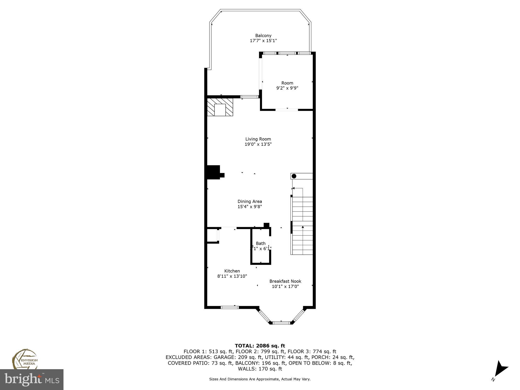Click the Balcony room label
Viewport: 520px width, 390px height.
coord(263,36)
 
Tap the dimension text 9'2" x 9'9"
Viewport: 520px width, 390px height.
coord(287,88)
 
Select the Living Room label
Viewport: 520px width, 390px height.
coord(258,139)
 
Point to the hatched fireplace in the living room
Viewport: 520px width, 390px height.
coord(220,107)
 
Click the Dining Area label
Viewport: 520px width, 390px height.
coord(250,201)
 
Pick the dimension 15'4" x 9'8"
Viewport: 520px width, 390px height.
coord(250,207)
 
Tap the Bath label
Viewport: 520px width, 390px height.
coord(261,243)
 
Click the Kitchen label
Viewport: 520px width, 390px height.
coord(232,271)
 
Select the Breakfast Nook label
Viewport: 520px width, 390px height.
coord(285,281)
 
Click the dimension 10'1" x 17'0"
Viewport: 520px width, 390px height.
coord(285,286)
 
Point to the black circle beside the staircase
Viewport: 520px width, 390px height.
coord(294,176)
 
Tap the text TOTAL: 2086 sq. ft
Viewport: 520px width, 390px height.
coord(260,346)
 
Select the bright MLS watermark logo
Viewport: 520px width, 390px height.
coord(31,380)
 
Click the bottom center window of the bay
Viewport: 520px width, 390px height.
coord(281,323)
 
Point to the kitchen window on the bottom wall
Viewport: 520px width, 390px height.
coord(230,307)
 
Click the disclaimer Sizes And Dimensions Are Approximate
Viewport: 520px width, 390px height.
coord(260,379)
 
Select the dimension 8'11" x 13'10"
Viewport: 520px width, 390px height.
coord(232,276)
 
